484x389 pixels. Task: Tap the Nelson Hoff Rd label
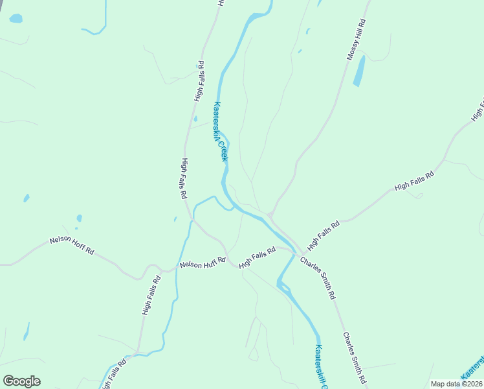(x=72, y=245)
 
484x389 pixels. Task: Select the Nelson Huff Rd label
(x=203, y=263)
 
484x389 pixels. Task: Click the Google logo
(x=21, y=381)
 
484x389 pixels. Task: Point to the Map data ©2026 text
(x=456, y=384)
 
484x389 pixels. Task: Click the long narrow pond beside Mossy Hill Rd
(x=358, y=71)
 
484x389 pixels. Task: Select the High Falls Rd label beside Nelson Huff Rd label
(x=258, y=257)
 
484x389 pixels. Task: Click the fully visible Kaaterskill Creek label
(x=221, y=132)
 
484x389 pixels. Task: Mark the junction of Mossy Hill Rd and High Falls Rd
(x=270, y=215)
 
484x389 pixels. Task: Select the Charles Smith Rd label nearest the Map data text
(x=355, y=358)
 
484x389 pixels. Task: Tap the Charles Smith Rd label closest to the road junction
(x=318, y=277)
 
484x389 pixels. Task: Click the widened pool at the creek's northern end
(x=259, y=15)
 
